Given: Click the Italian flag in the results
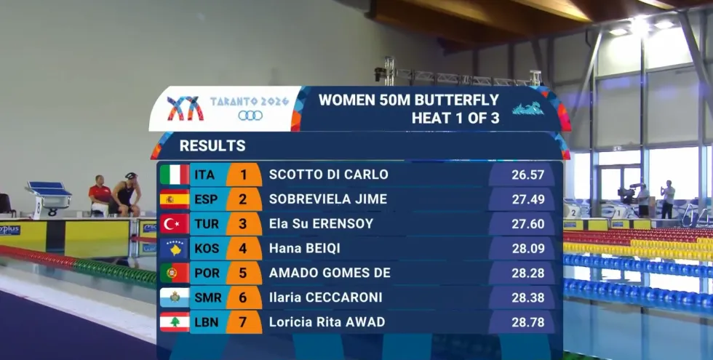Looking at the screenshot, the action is pos(175,175).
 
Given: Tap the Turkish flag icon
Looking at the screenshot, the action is pos(175,224).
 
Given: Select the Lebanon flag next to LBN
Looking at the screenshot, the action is pos(175,321).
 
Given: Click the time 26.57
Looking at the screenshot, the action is pos(528,175).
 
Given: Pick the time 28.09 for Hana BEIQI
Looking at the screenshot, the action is pos(528,249).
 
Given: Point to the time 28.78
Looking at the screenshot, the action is pos(528,322).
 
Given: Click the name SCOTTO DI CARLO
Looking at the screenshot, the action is pos(329,175).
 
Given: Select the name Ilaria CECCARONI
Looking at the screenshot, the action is pos(326,297).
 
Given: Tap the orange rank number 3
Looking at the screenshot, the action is pos(243,224).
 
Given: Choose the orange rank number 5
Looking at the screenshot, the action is pos(243,273).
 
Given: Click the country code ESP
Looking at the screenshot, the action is pos(207,199).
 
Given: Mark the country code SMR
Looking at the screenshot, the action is pos(208,297).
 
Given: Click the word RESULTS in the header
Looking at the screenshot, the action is pos(212,146).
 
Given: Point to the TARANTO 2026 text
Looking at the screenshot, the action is pos(250,101).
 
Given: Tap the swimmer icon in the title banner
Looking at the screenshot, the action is pos(528,108).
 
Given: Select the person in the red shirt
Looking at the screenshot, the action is pos(100,196).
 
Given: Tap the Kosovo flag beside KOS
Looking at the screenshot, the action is pos(175,248).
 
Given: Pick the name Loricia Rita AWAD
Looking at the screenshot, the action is pos(327,321).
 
